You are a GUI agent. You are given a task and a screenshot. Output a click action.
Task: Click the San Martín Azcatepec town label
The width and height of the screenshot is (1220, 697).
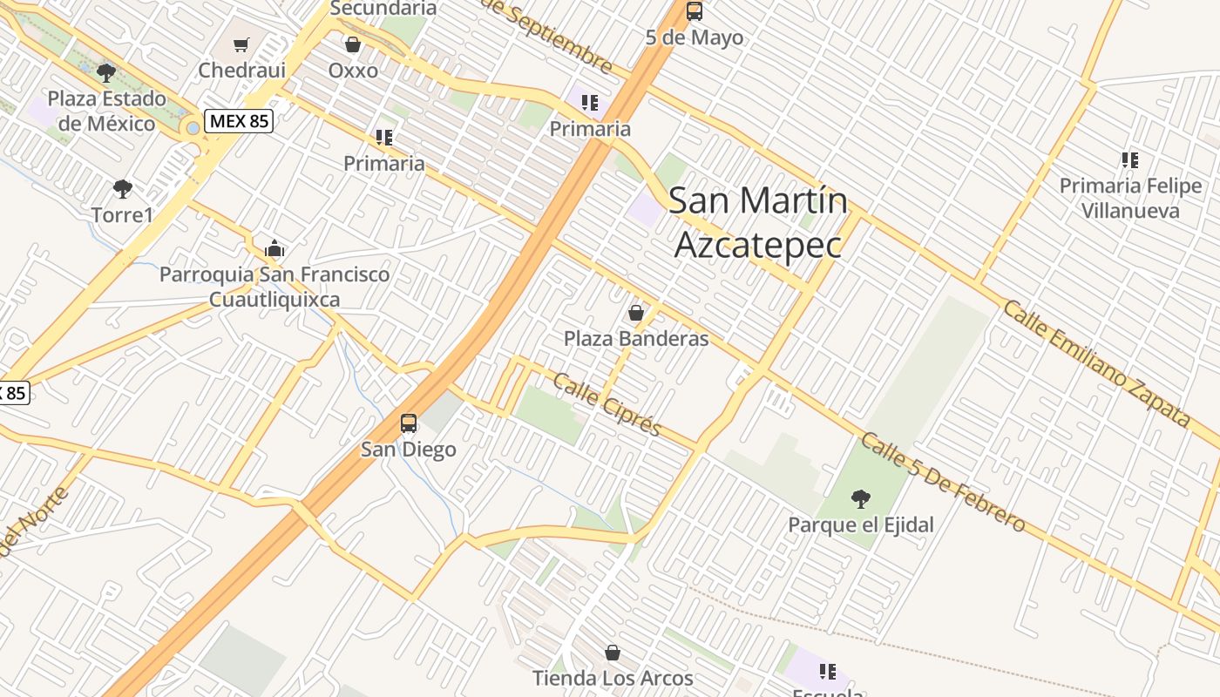758,223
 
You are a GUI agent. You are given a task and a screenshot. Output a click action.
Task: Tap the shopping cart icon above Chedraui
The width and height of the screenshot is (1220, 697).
241,44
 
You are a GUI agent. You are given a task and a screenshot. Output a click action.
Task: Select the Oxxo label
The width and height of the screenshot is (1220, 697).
353,71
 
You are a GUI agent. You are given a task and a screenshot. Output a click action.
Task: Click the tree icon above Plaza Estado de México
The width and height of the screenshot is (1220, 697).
106,73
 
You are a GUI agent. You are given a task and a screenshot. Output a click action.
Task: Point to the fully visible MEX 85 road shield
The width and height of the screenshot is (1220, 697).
239,121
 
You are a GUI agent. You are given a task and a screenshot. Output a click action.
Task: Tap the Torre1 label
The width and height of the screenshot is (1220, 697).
122,214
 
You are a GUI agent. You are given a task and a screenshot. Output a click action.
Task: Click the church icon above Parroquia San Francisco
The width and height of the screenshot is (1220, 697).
274,249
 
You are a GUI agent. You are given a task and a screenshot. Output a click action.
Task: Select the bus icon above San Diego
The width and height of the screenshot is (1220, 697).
408,424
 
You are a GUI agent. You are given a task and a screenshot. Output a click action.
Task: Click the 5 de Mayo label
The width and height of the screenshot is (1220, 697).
695,37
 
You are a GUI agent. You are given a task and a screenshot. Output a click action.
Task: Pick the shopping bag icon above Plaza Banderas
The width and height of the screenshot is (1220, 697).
636,313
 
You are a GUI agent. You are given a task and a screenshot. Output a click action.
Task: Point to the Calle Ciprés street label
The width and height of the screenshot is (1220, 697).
607,405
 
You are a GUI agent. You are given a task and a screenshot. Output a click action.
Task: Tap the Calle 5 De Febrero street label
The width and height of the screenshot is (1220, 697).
943,481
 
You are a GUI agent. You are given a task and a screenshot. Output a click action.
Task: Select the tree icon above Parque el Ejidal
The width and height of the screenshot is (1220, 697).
861,499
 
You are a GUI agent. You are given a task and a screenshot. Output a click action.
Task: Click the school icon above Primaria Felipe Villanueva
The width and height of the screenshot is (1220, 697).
1130,160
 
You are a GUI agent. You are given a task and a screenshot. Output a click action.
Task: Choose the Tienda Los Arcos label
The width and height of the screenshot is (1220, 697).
613,678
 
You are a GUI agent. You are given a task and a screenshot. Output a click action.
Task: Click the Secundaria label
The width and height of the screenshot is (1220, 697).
383,8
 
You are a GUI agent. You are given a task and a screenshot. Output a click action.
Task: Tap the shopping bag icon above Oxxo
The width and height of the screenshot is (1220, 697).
353,44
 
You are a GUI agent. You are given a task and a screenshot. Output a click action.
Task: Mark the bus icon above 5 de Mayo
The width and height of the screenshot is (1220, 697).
695,11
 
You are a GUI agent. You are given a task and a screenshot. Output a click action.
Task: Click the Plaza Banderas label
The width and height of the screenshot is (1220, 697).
636,339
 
